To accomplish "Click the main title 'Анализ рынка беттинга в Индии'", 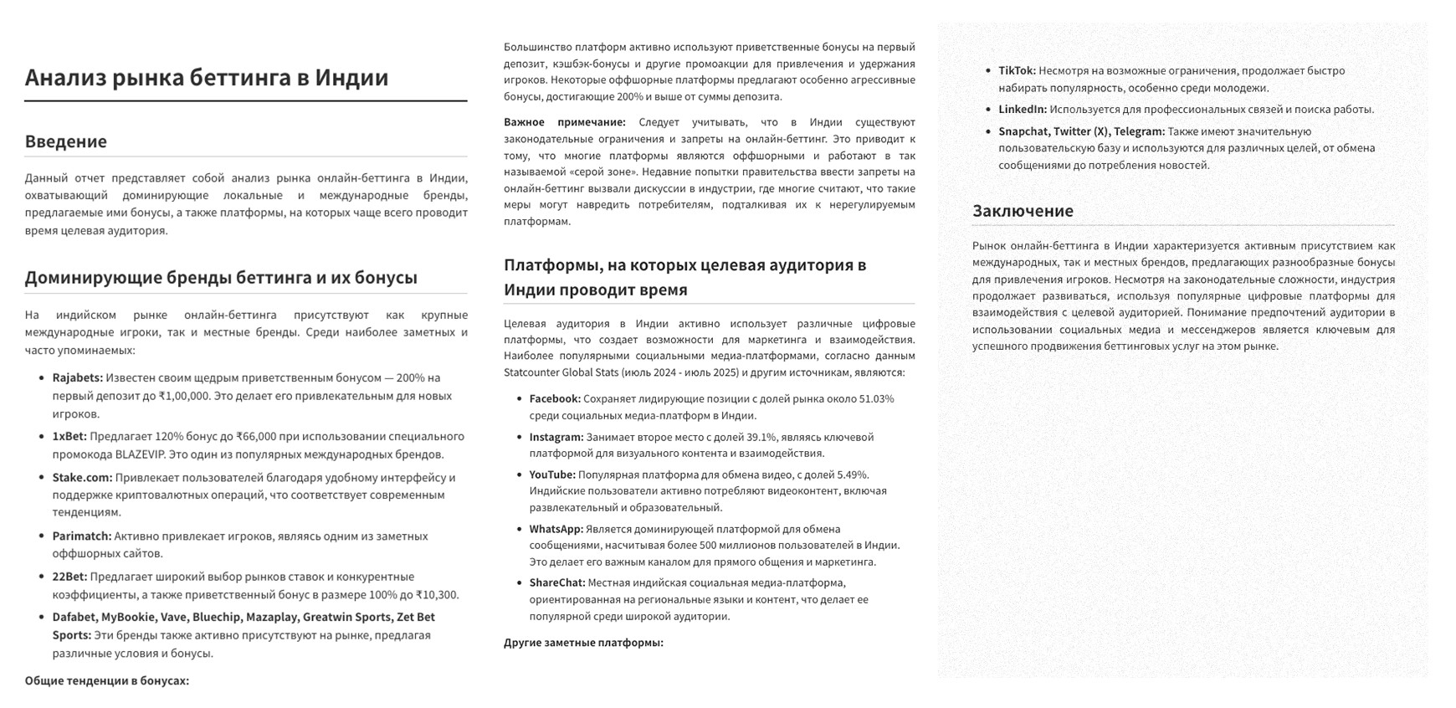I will coord(207,78).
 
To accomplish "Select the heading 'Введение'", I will coord(66,141).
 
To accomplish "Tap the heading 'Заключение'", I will coord(1023,211).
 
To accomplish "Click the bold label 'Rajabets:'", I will coord(78,378).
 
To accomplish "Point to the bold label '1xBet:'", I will coord(69,437).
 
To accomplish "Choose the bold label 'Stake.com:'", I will coord(82,478).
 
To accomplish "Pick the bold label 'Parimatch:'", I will coord(81,536).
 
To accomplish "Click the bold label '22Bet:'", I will coord(69,577).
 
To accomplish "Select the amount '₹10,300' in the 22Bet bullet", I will coord(437,595).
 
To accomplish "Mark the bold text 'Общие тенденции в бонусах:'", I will coord(107,681).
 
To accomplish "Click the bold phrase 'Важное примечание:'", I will coord(564,123).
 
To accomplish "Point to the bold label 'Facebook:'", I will coord(555,399).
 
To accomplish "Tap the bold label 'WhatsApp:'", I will coord(556,530).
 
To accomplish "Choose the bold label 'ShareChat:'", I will coord(557,583).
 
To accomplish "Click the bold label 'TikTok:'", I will coord(1017,71).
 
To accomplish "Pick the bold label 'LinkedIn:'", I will coord(1023,110).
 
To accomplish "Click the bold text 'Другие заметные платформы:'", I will coord(583,643).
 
